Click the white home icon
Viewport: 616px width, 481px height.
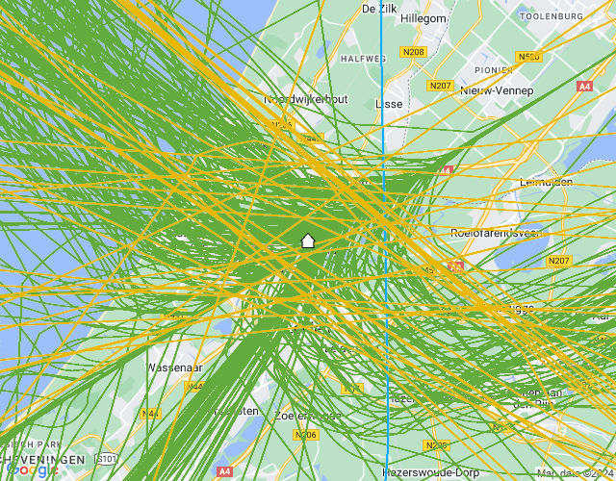pos(308,240)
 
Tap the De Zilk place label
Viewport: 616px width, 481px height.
pos(379,8)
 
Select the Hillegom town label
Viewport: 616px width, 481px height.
pos(423,18)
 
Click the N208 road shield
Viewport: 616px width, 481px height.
pos(414,52)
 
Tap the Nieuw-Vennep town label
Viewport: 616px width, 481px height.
pos(497,90)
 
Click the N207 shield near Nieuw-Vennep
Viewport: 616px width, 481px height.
pos(441,86)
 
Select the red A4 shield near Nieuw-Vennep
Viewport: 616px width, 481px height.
pos(583,87)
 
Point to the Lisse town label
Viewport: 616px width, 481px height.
pos(388,103)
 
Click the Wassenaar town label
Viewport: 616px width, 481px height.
pos(173,367)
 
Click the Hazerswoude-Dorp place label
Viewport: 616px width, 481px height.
pos(430,472)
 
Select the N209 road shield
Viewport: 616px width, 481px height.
pos(436,445)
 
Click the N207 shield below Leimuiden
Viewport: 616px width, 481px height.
pos(558,261)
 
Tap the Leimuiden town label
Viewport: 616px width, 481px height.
pos(545,182)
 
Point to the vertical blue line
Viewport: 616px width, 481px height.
pos(383,289)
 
